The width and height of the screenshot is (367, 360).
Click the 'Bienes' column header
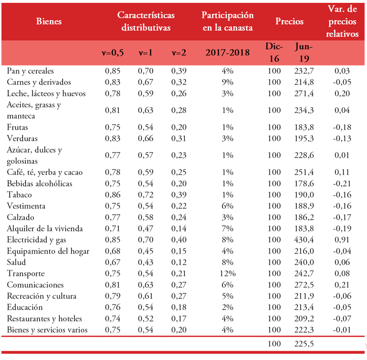[x=49, y=21]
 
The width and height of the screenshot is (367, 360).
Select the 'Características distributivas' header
[x=146, y=21]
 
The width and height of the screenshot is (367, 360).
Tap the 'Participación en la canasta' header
[x=228, y=21]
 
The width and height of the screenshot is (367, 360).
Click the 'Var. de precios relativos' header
[x=343, y=21]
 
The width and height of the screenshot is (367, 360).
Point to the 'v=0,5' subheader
[x=113, y=53]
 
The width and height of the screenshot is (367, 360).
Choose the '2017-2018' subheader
[x=228, y=53]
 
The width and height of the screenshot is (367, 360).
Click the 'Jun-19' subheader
[x=303, y=53]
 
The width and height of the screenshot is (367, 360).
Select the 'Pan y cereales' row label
[x=31, y=71]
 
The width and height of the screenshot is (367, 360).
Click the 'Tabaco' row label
[x=20, y=195]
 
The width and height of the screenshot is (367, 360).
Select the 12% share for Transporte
[x=228, y=274]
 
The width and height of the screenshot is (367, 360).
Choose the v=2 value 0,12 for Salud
[x=179, y=263]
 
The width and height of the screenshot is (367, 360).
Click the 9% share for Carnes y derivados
[x=228, y=82]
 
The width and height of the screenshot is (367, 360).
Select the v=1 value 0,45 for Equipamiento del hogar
[x=146, y=251]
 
